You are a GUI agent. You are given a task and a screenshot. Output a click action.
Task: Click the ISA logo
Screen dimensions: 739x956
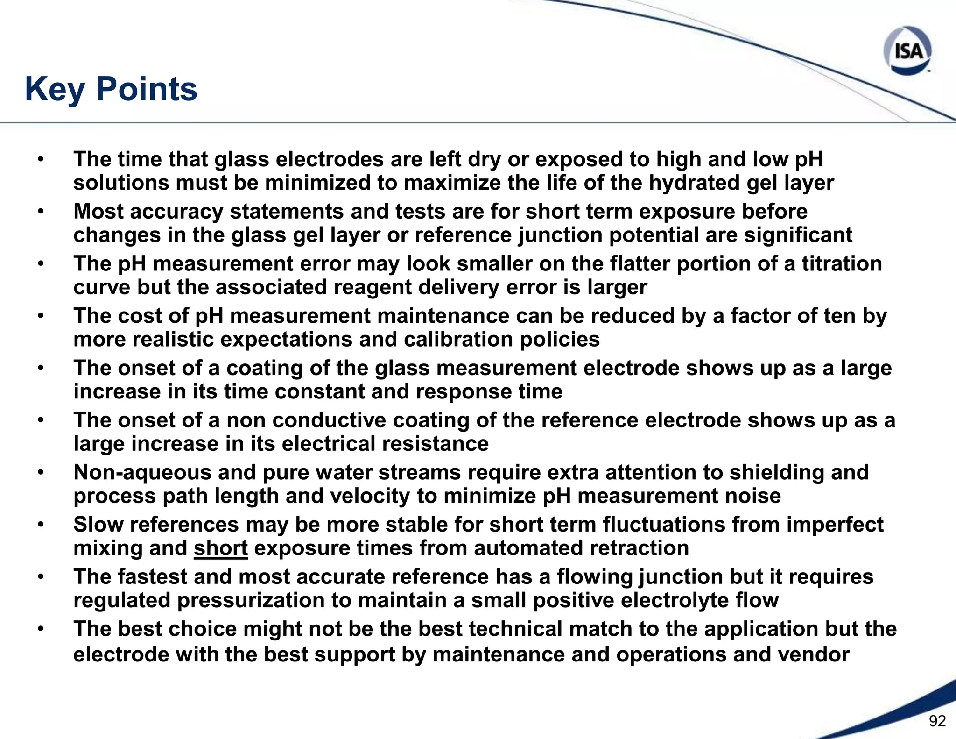(907, 50)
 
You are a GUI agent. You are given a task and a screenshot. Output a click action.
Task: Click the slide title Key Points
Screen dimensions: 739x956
(111, 89)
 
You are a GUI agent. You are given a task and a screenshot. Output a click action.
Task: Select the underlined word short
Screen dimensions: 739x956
(221, 548)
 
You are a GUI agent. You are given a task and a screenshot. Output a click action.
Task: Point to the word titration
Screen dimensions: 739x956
(842, 263)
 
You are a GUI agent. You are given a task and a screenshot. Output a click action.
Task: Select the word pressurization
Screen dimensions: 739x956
(251, 600)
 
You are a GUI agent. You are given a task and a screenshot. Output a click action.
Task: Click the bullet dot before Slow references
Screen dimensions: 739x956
(41, 525)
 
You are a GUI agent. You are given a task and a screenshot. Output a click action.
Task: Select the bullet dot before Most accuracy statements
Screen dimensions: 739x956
(41, 212)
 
